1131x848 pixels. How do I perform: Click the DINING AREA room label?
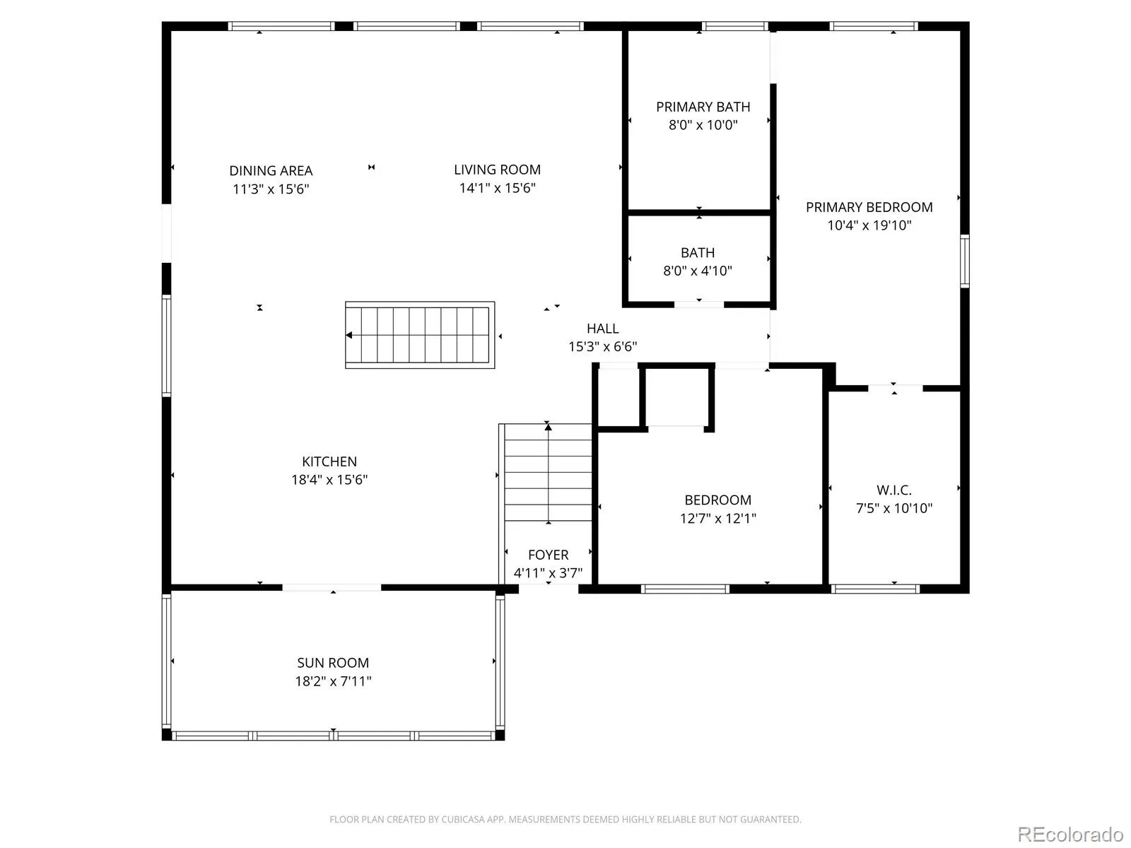coord(271,170)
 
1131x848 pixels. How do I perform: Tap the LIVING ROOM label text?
coord(497,170)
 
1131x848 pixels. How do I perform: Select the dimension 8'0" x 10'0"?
coord(703,124)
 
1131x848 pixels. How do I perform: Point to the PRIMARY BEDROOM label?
coord(869,207)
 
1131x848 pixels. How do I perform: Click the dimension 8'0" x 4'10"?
coord(697,271)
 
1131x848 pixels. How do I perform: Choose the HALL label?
coord(602,328)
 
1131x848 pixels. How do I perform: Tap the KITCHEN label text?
coord(329,461)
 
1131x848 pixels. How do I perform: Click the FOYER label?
coord(548,555)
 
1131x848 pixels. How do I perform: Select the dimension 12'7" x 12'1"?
coord(717,518)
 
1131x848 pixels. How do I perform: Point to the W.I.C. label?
coord(894,490)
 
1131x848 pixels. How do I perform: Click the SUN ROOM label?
coord(333,663)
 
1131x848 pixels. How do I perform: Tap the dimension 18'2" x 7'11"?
coord(333,681)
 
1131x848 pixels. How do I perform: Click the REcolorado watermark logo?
coord(1070,834)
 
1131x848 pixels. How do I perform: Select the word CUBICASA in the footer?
coord(461,819)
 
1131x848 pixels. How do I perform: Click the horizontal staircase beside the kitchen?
coord(419,335)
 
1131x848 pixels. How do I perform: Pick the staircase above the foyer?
coord(548,472)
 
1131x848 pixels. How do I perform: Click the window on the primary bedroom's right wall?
coord(964,261)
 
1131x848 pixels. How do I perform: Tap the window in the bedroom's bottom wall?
coord(685,589)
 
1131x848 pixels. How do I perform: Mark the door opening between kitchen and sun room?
coord(332,587)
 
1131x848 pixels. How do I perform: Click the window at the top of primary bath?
coord(734,26)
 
